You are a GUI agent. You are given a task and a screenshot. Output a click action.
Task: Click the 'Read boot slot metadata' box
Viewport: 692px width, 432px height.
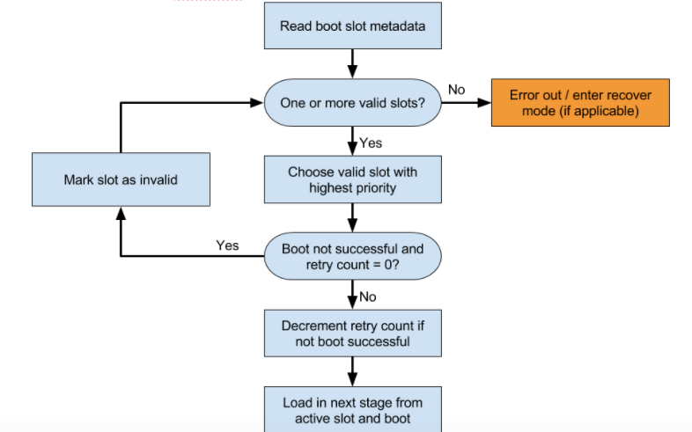pos(352,26)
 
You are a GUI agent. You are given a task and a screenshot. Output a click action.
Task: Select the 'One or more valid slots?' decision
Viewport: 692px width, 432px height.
pos(352,103)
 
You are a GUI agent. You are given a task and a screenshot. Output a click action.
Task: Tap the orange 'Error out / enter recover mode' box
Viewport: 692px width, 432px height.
pos(579,103)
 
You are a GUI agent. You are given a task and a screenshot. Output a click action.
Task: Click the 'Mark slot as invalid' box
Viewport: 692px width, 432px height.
pos(120,179)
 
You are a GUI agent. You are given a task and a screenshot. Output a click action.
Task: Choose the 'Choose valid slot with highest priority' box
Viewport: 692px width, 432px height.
pos(352,179)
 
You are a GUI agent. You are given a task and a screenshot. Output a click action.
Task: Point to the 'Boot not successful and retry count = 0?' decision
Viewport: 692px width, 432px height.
pos(352,257)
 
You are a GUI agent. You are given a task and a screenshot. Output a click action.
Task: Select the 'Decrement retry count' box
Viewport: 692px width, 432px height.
pos(352,333)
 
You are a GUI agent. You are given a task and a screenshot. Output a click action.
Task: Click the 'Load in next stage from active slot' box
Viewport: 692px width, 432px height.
pos(352,409)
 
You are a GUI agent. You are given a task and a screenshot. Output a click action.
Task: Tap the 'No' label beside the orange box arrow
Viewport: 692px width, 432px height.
pos(457,90)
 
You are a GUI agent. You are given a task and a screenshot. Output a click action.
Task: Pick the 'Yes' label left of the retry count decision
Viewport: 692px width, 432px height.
pos(227,245)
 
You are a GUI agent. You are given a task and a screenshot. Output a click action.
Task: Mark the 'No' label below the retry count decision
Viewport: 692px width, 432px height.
pos(368,297)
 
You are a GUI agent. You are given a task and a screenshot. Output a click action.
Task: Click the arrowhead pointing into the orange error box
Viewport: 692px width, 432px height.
pos(483,103)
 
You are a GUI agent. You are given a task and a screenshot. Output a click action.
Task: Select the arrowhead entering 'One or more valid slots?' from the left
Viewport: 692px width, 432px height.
pos(257,103)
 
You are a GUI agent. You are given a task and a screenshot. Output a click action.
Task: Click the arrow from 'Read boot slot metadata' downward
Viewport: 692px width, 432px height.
pos(352,62)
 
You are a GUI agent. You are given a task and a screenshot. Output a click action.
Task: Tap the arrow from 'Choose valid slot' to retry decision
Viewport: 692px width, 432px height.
pos(352,217)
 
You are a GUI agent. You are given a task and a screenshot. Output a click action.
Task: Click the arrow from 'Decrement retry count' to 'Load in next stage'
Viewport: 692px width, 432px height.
pos(352,370)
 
